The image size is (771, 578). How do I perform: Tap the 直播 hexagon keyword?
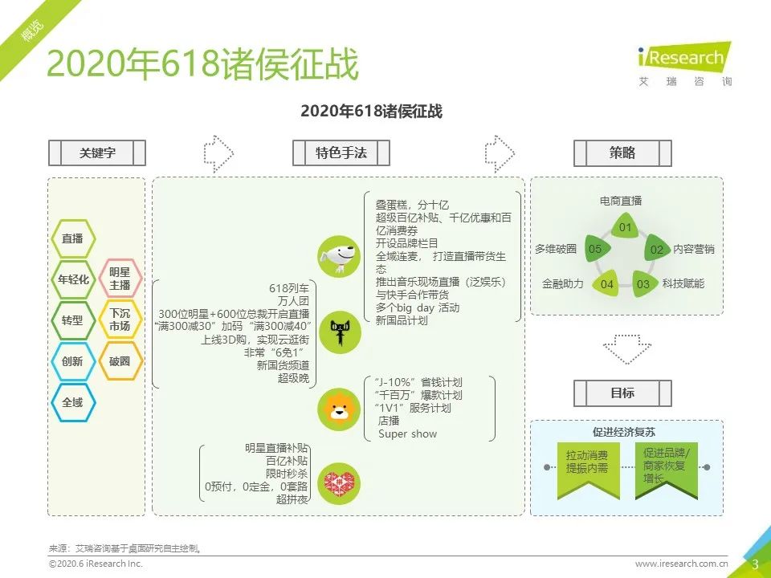tap(73, 239)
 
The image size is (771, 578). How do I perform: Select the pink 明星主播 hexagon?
tap(120, 279)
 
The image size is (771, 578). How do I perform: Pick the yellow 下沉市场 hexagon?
tap(120, 320)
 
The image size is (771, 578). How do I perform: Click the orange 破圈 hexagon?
tap(120, 361)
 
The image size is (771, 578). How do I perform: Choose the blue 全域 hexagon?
tap(73, 402)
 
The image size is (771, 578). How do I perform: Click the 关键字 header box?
tap(97, 153)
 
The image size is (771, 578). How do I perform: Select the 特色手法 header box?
tap(341, 153)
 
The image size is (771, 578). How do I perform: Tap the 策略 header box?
tap(622, 153)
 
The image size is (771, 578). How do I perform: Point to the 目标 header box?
tap(622, 393)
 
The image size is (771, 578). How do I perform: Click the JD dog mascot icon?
tap(339, 257)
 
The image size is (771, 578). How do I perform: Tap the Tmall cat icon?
tap(340, 332)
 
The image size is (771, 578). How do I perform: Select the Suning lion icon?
tap(339, 410)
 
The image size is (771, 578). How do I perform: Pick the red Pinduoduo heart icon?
tap(339, 483)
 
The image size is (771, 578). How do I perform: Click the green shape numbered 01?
tap(625, 226)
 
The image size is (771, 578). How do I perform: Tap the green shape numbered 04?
tap(606, 283)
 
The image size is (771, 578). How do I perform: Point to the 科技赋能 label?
tap(683, 283)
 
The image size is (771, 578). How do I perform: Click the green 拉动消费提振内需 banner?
tap(588, 470)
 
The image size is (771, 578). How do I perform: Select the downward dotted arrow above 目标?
tap(627, 349)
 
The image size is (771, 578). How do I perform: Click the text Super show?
tap(408, 434)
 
